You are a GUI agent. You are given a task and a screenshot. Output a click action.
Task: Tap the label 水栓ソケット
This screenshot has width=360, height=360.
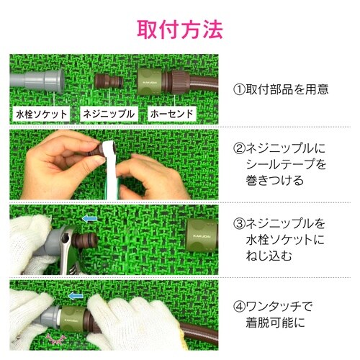41,114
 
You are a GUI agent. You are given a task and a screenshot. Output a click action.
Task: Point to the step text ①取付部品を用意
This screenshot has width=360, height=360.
281,89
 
